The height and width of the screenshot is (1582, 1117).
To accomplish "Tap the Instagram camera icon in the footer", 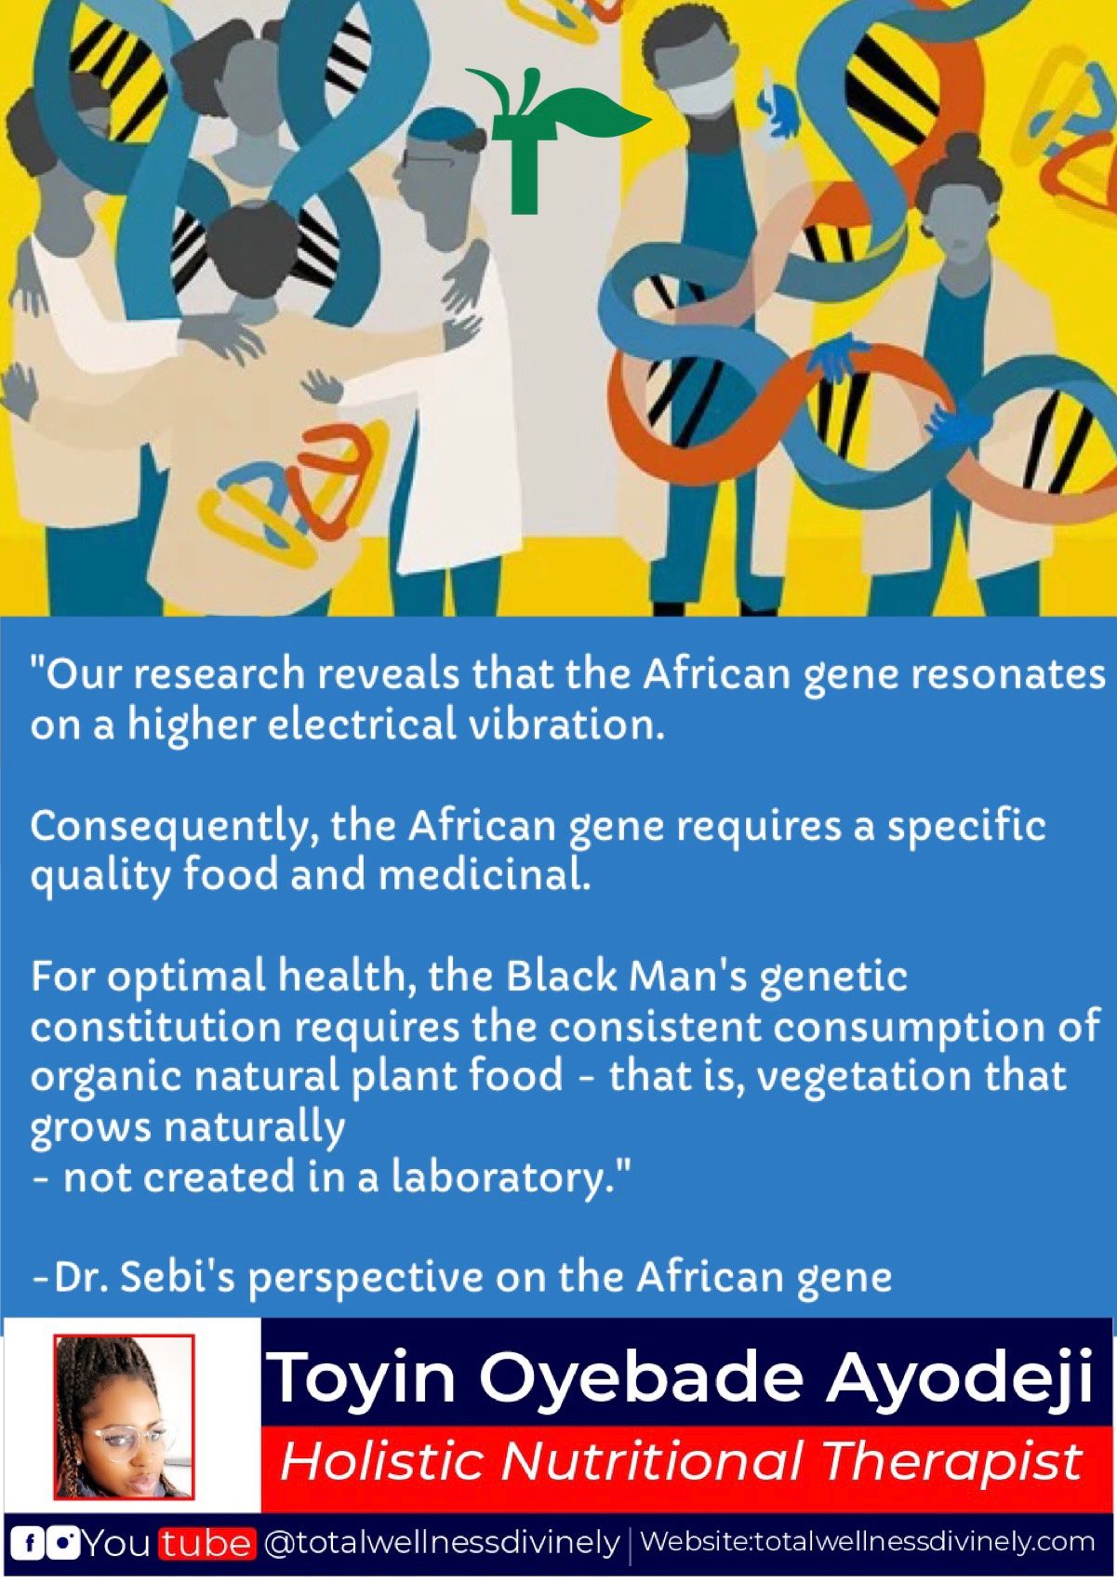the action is [x=64, y=1545].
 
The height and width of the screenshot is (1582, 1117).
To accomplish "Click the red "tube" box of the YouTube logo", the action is [x=206, y=1545].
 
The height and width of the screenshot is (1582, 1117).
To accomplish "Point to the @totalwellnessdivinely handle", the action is [x=441, y=1545].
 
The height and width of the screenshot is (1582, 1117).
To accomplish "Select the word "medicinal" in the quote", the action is [x=483, y=876].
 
